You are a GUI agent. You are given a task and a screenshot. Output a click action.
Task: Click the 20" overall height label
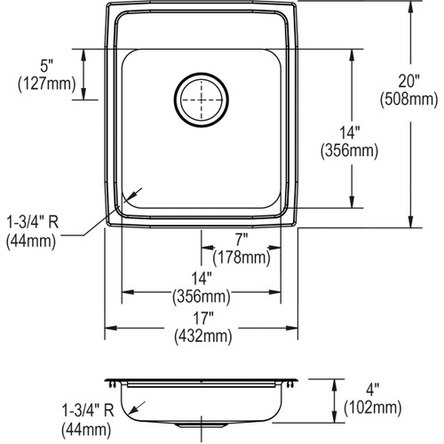click(x=408, y=81)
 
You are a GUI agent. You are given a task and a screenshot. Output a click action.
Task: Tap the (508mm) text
click(x=408, y=99)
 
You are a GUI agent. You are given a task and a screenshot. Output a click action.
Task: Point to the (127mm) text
click(x=47, y=84)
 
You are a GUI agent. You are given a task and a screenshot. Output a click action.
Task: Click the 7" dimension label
click(x=242, y=239)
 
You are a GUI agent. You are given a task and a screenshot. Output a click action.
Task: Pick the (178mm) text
click(x=242, y=258)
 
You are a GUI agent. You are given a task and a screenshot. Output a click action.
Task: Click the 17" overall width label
click(x=203, y=318)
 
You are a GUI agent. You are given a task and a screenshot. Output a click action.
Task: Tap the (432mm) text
click(x=203, y=337)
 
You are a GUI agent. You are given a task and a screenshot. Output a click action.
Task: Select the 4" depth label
click(x=372, y=389)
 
